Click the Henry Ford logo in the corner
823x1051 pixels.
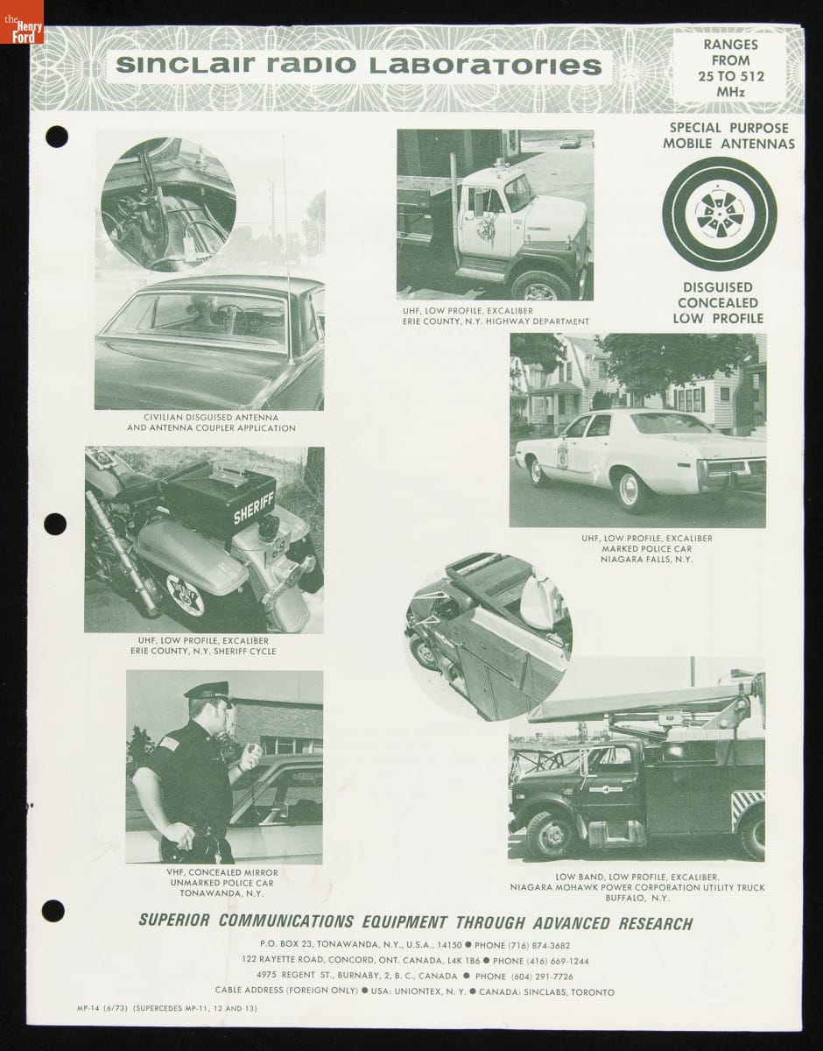pyautogui.click(x=22, y=22)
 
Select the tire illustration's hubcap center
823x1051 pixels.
pyautogui.click(x=719, y=214)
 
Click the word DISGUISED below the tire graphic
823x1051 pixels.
pyautogui.click(x=718, y=287)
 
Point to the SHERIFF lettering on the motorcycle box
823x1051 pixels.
pyautogui.click(x=254, y=508)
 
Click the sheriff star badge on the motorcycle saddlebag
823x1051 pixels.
pyautogui.click(x=185, y=595)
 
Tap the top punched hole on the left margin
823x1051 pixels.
pyautogui.click(x=57, y=137)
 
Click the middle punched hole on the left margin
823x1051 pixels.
pyautogui.click(x=55, y=524)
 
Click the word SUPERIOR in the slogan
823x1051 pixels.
pyautogui.click(x=174, y=920)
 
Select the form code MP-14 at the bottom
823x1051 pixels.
pyautogui.click(x=88, y=1008)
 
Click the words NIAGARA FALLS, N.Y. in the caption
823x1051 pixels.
pyautogui.click(x=646, y=559)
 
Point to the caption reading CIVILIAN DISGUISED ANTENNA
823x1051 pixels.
pyautogui.click(x=211, y=417)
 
